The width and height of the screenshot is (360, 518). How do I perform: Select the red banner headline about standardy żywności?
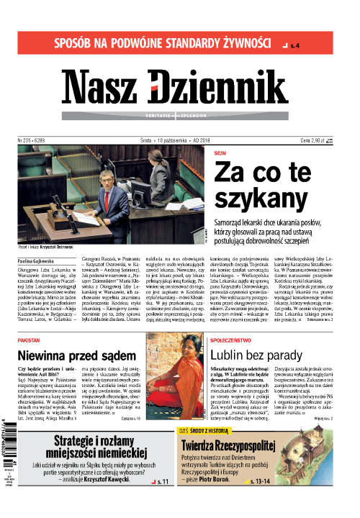pos(151,42)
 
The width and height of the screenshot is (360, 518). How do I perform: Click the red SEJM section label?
pos(220,153)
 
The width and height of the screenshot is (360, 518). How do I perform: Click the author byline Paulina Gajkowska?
pos(37,276)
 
